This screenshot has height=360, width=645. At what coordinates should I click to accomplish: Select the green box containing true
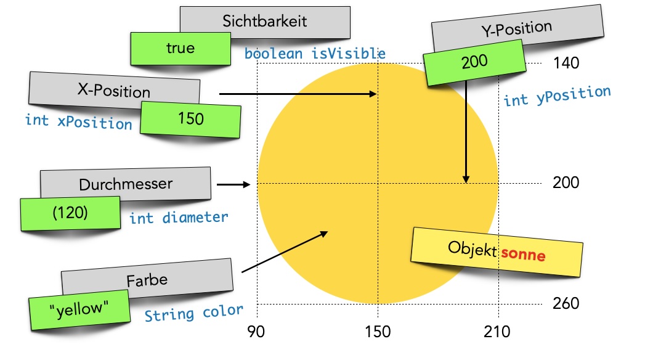(180, 48)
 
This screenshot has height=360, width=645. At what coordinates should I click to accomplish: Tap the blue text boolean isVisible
(315, 54)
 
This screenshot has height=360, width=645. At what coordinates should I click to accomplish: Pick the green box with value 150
(190, 118)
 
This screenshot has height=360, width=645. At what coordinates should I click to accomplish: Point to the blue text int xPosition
(78, 121)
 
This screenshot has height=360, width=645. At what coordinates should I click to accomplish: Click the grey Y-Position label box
(516, 28)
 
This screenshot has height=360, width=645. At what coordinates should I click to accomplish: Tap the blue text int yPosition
(557, 96)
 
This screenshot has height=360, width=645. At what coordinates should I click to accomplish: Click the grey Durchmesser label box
(126, 184)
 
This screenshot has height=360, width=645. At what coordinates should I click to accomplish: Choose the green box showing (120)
(70, 213)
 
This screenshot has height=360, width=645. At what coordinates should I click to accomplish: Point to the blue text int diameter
(179, 218)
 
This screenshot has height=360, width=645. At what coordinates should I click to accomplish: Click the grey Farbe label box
(147, 279)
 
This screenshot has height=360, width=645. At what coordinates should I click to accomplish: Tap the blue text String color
(194, 313)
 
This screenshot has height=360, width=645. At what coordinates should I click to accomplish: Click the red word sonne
(522, 253)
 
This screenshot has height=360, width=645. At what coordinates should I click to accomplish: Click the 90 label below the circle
(256, 332)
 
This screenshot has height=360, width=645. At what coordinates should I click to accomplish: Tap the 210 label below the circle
(497, 332)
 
